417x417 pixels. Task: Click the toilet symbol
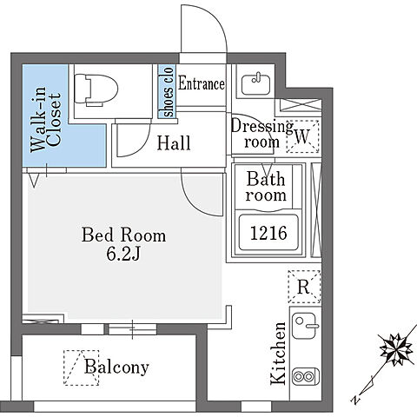[96, 89]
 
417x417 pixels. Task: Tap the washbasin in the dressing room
[255, 84]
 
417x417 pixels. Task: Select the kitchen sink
[304, 326]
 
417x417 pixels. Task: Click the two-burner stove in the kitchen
[306, 376]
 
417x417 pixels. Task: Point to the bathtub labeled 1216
[268, 233]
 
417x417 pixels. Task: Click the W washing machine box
[302, 136]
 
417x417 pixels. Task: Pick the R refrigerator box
[304, 287]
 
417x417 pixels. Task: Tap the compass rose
[396, 349]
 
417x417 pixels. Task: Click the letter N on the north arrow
[354, 400]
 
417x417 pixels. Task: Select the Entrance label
[202, 83]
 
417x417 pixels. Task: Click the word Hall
[174, 143]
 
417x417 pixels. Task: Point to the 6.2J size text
[123, 255]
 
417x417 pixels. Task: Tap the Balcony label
[116, 367]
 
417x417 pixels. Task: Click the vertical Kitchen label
[278, 354]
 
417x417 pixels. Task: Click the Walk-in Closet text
[46, 119]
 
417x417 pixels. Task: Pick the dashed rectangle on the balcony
[82, 367]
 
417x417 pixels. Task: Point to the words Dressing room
[262, 134]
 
